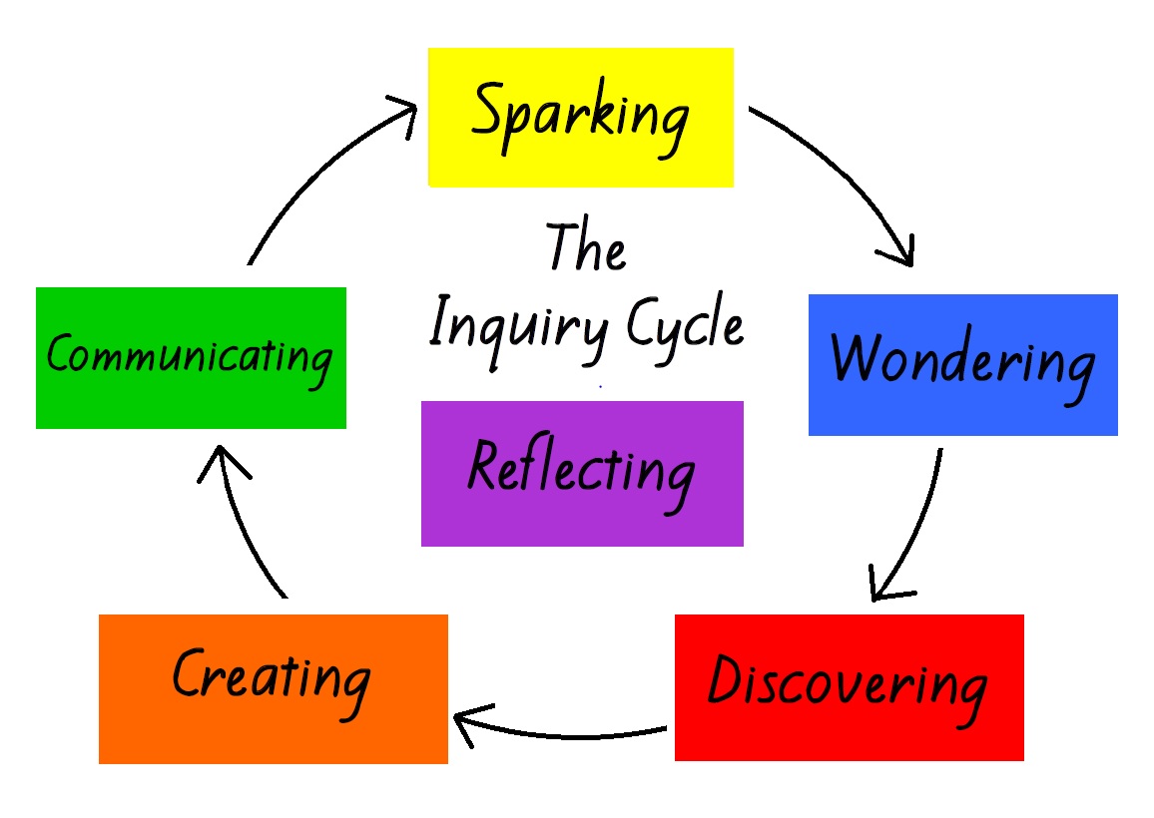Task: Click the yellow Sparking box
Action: (x=580, y=118)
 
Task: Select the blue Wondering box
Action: (x=962, y=365)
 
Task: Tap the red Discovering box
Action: (x=849, y=687)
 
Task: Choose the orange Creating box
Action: (x=273, y=688)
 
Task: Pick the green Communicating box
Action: (x=191, y=358)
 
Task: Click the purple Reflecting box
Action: (x=582, y=474)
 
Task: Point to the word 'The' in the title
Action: (x=586, y=248)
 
